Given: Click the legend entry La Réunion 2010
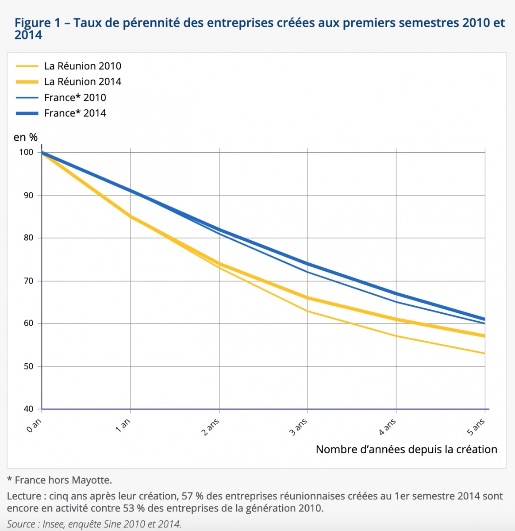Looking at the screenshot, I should [82, 66].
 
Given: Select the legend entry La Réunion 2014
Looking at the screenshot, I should [82, 81].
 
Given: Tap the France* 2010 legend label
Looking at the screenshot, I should [75, 97].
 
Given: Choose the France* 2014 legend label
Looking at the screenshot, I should [75, 113].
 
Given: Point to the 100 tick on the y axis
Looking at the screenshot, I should [27, 152].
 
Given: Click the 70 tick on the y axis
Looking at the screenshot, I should [28, 281].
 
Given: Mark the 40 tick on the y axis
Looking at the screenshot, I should [28, 409].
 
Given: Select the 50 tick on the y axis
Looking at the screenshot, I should [28, 366].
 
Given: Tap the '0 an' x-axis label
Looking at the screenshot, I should [34, 425].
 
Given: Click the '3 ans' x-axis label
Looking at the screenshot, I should [299, 427].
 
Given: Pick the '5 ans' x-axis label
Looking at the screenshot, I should [476, 427].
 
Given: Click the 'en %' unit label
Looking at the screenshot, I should [25, 137].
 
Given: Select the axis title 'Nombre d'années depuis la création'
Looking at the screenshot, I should [406, 450].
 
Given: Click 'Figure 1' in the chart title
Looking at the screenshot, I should [37, 23].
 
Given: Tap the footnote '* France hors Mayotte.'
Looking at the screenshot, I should [59, 480].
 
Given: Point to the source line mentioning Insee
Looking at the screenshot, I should [94, 524].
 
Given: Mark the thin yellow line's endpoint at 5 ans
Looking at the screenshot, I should [485, 354].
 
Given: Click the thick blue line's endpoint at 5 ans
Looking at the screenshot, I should [485, 319].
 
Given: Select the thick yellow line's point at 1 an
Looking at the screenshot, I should [131, 216].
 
